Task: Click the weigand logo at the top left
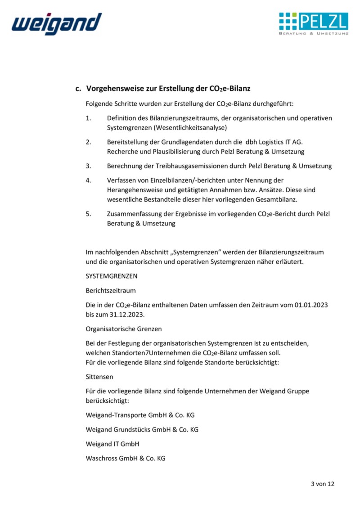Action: click(x=57, y=23)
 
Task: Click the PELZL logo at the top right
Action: click(x=313, y=23)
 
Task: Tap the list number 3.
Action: click(x=88, y=166)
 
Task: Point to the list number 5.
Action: click(x=88, y=214)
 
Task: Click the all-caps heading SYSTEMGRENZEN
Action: click(x=112, y=276)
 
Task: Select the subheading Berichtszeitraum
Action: click(x=111, y=291)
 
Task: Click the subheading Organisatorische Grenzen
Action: click(x=124, y=329)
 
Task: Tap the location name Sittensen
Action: click(x=99, y=377)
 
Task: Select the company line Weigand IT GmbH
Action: click(x=112, y=444)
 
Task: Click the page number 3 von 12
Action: click(x=323, y=484)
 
